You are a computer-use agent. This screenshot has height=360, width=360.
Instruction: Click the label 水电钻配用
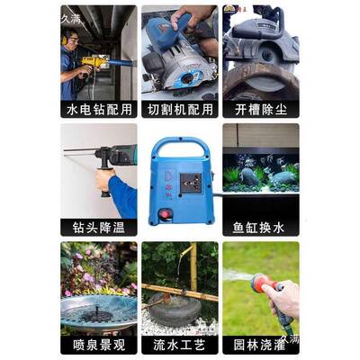[99, 109]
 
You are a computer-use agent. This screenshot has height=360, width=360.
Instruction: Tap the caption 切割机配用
[179, 109]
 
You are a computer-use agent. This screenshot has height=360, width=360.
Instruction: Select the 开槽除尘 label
[261, 109]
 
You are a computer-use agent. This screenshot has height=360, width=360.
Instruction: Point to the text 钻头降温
[99, 228]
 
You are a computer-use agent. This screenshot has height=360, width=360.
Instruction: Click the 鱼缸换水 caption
[261, 228]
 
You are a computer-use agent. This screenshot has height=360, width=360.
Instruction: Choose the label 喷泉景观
[99, 345]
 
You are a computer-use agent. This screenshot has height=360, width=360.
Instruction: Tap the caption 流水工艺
[179, 345]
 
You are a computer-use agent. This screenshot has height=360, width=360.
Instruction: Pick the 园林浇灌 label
[261, 345]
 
